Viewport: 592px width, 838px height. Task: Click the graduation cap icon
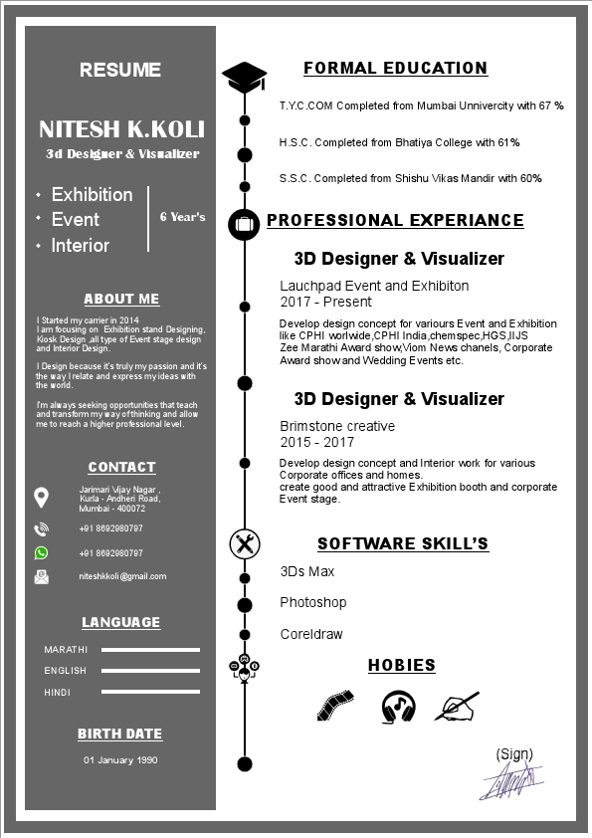point(245,76)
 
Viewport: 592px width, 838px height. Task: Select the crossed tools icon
point(244,543)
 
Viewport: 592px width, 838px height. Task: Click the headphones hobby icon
point(398,706)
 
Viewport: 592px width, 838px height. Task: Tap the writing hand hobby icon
point(457,706)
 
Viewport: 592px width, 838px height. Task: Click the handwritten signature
point(510,781)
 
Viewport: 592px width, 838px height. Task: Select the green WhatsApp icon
point(41,552)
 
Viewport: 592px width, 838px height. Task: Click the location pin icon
point(41,497)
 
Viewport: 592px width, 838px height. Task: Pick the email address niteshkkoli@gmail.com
point(122,576)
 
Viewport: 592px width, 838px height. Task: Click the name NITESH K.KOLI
point(121,129)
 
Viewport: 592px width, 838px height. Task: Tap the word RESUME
point(120,70)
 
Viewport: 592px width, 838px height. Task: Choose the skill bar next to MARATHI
point(150,650)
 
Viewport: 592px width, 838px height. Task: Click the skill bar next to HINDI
point(150,692)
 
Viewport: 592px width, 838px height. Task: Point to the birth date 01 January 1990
point(120,760)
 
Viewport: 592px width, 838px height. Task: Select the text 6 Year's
point(183,216)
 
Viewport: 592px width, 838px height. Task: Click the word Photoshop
point(312,602)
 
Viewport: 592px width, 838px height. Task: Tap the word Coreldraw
point(310,634)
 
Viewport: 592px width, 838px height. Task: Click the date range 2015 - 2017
point(316,442)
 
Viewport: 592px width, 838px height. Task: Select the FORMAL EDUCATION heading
point(395,69)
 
